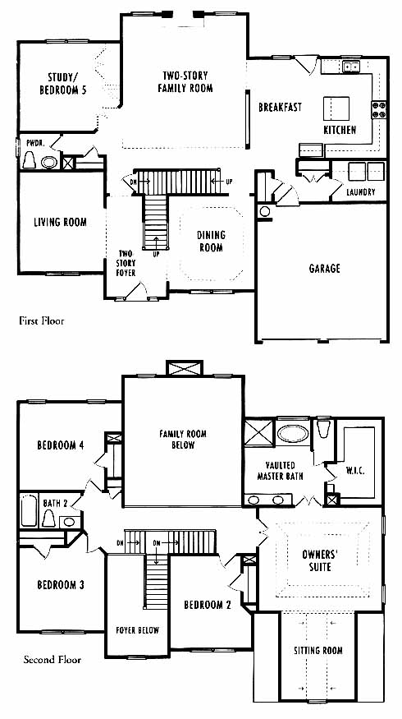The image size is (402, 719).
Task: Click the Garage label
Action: point(325,268)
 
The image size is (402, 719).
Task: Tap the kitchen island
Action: point(336,108)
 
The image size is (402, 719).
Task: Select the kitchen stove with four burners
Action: point(379,109)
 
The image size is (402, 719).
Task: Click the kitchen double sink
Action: point(352,67)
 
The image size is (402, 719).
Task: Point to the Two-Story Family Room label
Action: point(185,81)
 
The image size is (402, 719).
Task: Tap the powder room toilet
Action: point(30,160)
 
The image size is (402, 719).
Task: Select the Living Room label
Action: point(61,223)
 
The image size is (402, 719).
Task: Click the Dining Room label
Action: point(211,242)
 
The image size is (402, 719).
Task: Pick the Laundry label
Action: point(361,192)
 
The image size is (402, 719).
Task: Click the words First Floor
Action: point(42,320)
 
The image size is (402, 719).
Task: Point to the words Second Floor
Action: point(53,660)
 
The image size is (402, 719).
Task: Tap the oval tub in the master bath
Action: point(293,433)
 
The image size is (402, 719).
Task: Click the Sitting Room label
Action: point(318,650)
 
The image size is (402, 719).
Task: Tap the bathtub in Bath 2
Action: point(29,510)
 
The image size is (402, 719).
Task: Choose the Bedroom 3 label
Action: point(61,585)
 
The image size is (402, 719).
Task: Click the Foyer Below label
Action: point(137,630)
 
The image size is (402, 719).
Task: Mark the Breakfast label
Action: point(281,108)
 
